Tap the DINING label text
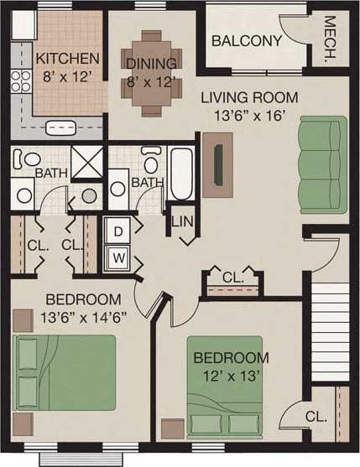point(151,64)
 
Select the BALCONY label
point(246,41)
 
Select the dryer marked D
point(117,230)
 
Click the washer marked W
point(117,257)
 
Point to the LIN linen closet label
point(182,222)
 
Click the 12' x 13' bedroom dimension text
point(232,376)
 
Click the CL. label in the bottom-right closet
point(316,417)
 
